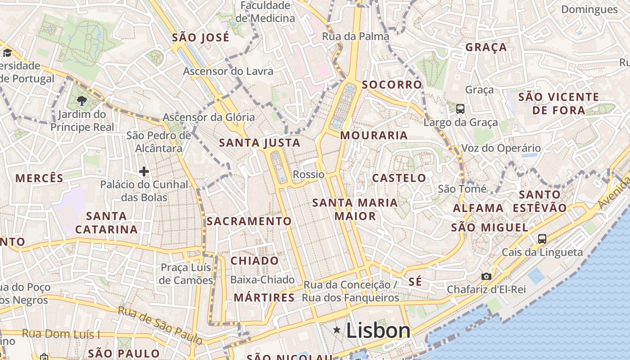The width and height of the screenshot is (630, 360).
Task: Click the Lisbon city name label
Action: pos(378,331)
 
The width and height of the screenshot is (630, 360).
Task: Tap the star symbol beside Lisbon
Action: pos(337,330)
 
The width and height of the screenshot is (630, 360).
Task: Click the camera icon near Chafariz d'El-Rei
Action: pos(486,276)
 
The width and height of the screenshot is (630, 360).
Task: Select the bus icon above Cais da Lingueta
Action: pos(542,239)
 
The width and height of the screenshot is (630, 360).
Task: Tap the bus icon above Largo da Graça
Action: pos(460,108)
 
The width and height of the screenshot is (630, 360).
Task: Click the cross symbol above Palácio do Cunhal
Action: pos(144,171)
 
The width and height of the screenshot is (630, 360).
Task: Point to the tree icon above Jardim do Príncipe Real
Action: pos(82,101)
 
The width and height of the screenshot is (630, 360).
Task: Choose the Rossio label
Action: pos(309,174)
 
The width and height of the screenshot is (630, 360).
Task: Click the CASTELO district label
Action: pos(399,178)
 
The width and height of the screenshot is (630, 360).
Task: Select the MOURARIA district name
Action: pos(374,135)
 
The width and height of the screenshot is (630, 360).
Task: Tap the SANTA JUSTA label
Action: pos(260,143)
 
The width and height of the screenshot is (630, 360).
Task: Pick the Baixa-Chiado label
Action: pos(262,279)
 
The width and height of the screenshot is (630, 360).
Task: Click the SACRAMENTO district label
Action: pos(249,221)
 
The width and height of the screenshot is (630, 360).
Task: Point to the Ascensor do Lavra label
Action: pos(228,71)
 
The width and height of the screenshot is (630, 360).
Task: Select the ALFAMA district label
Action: pos(478,208)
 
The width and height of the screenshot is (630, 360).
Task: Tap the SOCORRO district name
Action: pos(392,85)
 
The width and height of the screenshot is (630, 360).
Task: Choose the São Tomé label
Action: pos(462,189)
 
